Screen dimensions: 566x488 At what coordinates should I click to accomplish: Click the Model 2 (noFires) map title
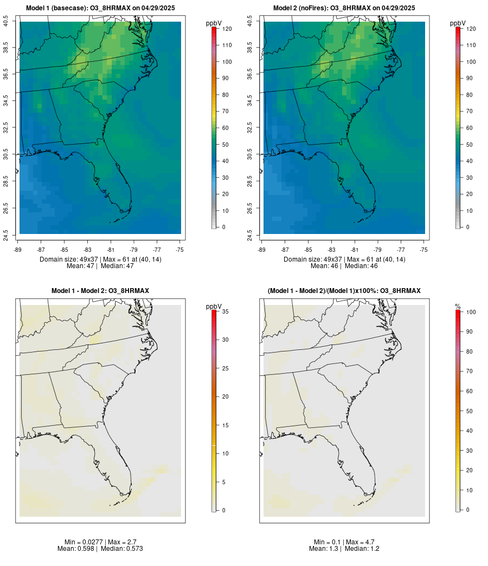coord(344,8)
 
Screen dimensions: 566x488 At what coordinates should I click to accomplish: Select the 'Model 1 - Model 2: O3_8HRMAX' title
coord(100,291)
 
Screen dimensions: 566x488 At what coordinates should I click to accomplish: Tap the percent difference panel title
coord(344,291)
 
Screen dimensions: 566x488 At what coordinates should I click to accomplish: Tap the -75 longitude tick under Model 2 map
coord(424,250)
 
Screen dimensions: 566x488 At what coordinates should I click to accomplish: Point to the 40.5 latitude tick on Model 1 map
coord(6,22)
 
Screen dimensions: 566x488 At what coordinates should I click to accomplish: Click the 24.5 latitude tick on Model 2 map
coord(250,234)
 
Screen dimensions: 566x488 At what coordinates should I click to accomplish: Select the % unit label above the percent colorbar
coord(458,307)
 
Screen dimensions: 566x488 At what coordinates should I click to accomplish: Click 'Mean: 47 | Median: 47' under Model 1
coord(100,266)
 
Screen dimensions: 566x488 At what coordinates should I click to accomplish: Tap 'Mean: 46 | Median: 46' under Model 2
coord(344,266)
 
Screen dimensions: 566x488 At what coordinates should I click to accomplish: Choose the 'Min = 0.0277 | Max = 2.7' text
coord(100,542)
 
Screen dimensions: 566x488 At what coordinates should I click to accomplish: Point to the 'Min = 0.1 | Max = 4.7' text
coord(344,542)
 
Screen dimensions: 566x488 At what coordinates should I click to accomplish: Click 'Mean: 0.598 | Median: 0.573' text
coord(100,549)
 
